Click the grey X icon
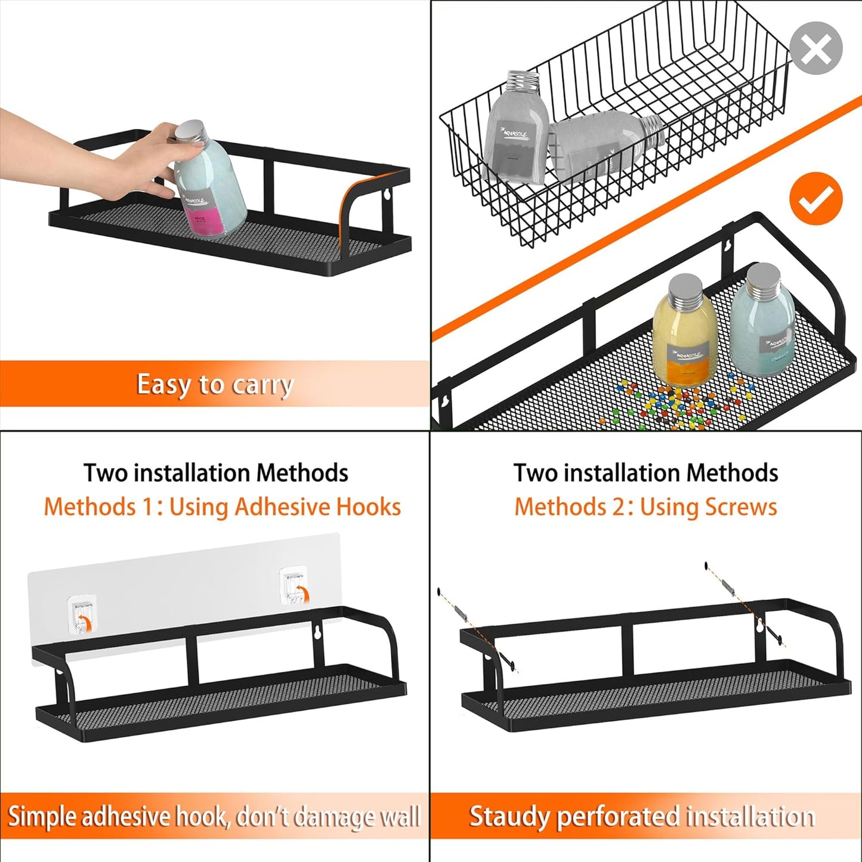[815, 48]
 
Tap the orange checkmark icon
[815, 199]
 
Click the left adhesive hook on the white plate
[82, 614]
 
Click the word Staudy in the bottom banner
[508, 817]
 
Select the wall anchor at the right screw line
[729, 587]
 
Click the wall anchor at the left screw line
[461, 614]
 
